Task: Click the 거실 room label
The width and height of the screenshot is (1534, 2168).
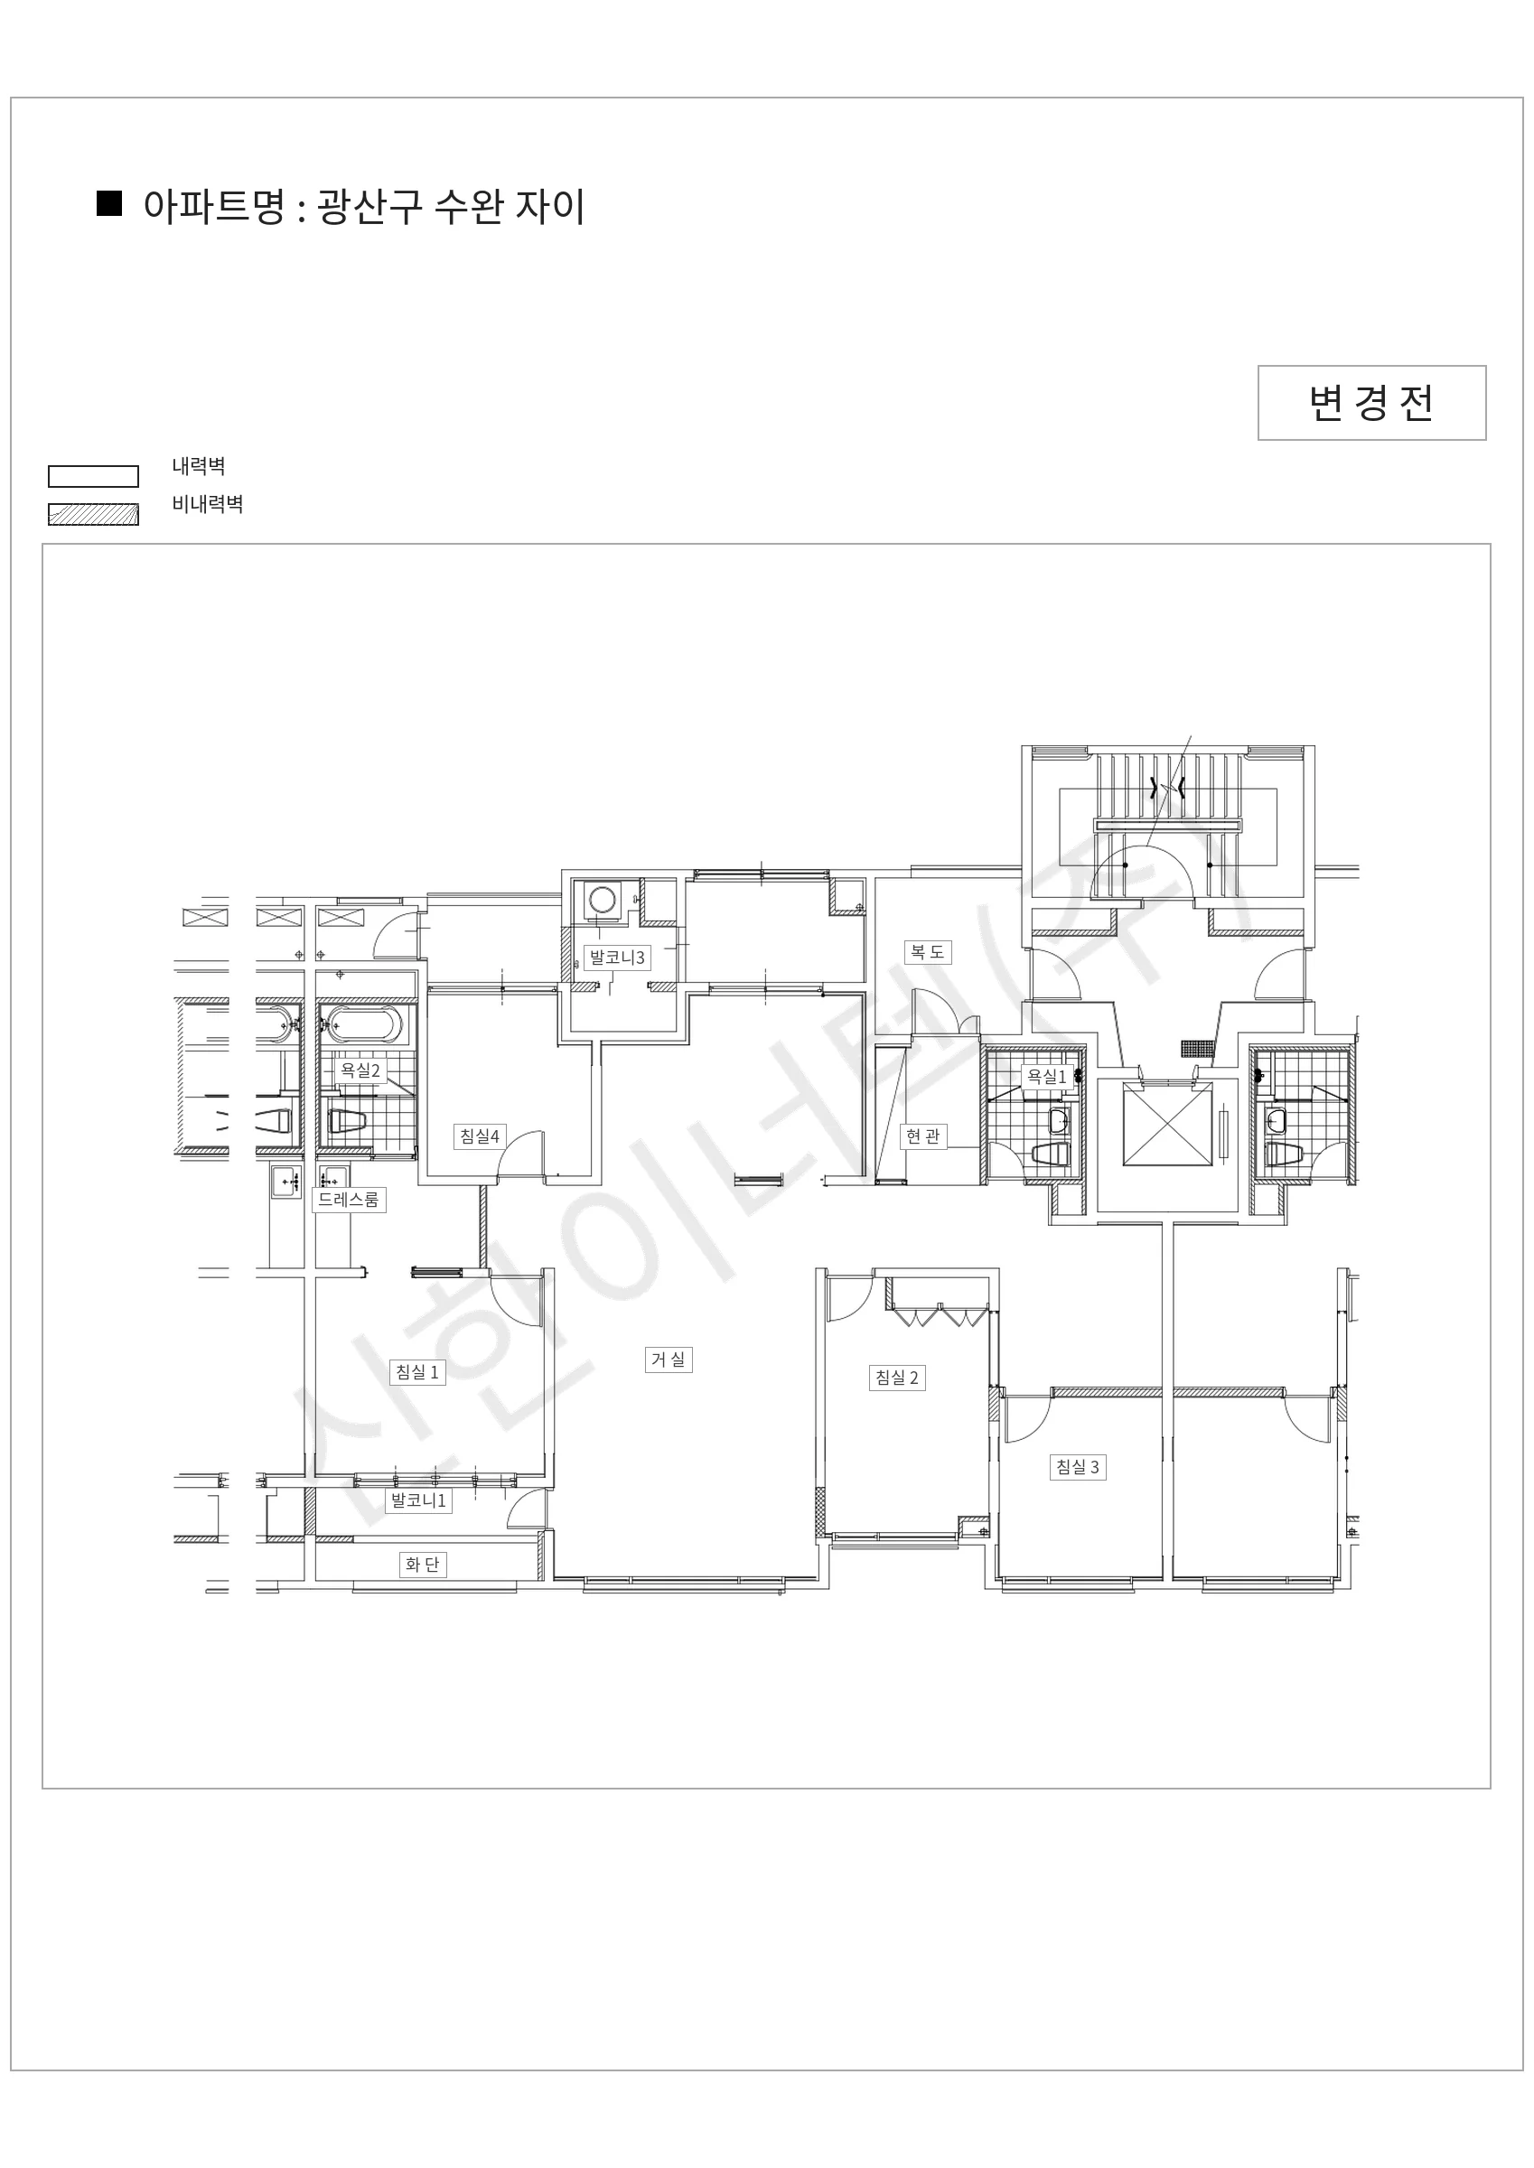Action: [x=669, y=1360]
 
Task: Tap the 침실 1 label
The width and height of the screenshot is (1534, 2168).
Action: [x=416, y=1372]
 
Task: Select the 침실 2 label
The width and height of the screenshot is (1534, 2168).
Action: [x=896, y=1378]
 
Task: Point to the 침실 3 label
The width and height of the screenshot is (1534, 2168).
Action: [x=1078, y=1466]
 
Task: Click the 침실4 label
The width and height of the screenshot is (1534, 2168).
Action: [x=480, y=1135]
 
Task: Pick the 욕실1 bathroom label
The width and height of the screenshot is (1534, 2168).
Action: [x=1046, y=1077]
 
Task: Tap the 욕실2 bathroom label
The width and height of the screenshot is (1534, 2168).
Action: [x=360, y=1070]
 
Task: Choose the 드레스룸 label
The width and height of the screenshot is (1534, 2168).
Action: [x=349, y=1201]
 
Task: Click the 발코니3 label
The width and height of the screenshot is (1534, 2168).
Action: [x=617, y=958]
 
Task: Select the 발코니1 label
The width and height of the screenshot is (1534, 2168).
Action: [x=418, y=1500]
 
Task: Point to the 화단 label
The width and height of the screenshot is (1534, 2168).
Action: [x=422, y=1565]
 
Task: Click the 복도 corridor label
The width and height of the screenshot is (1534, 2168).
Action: [x=927, y=952]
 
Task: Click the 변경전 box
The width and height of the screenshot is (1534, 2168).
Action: [x=1371, y=403]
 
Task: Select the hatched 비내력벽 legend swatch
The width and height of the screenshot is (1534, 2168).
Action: [x=94, y=515]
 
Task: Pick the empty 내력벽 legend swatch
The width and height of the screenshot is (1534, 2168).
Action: [x=94, y=477]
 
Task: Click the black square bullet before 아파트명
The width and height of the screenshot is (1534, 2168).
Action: [x=109, y=204]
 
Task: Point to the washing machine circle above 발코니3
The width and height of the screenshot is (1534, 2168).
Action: [x=602, y=898]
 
